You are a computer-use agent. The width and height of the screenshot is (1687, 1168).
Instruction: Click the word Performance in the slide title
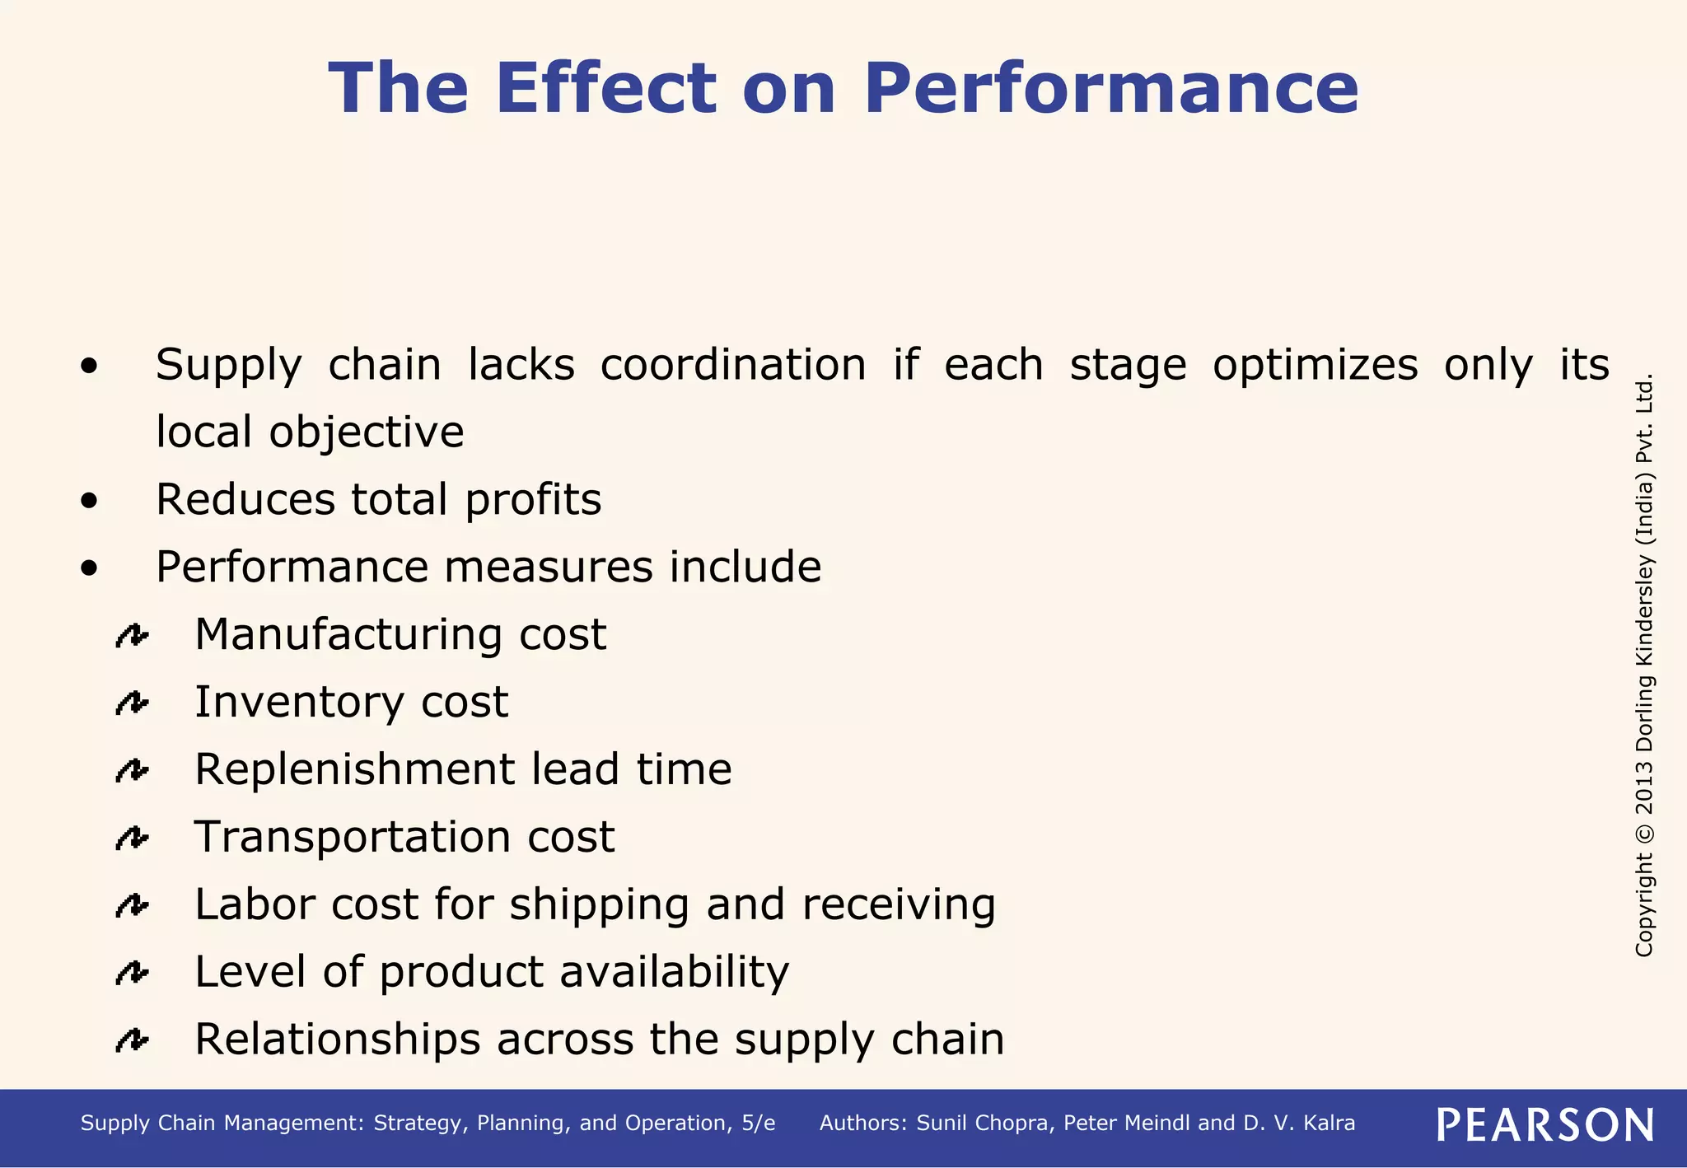coord(1111,89)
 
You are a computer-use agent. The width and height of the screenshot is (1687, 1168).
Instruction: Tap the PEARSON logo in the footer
coord(1544,1124)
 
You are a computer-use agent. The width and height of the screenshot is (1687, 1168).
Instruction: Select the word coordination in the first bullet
coord(733,365)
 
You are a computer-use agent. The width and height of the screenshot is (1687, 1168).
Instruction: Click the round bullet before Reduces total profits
coord(90,500)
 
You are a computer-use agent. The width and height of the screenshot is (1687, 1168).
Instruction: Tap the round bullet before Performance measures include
coord(90,568)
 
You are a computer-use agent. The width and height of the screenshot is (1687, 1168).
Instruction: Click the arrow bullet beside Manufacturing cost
coord(132,636)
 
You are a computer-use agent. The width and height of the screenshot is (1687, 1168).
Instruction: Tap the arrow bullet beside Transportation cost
coord(132,839)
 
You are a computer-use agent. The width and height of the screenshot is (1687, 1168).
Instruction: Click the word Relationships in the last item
coord(337,1040)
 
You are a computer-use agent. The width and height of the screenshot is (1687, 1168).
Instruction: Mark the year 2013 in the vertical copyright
coord(1644,787)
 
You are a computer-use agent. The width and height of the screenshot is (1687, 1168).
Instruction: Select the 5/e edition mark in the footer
coord(758,1124)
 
